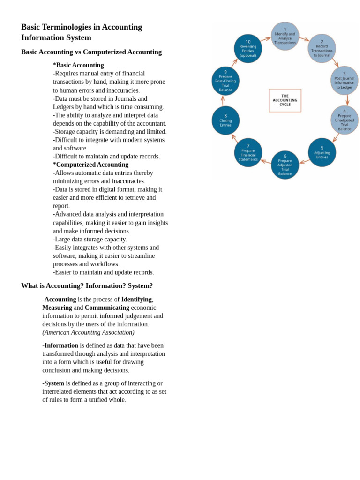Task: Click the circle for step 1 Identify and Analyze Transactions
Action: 285,36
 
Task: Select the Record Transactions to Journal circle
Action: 322,48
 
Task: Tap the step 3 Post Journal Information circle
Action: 344,80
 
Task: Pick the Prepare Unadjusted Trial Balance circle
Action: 344,120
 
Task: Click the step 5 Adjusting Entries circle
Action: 322,152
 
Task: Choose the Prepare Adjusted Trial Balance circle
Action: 285,165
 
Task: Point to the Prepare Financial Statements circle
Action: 248,152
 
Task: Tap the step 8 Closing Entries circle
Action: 225,120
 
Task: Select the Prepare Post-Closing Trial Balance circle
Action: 225,81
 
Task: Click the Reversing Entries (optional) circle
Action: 248,48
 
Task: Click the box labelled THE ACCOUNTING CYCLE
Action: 285,100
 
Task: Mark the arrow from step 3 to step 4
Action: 347,100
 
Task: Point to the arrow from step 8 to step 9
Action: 223,100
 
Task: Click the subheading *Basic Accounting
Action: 78,65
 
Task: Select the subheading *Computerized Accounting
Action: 90,165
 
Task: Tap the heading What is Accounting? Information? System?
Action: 87,285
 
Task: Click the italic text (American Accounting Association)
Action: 88,332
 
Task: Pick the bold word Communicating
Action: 107,307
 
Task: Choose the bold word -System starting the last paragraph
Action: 53,383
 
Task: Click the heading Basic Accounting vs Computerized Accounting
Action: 91,52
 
